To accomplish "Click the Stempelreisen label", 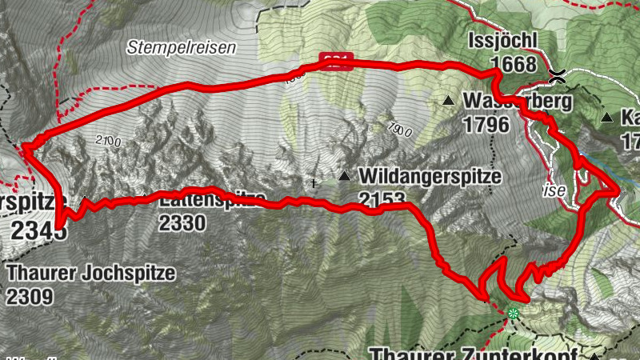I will (x=182, y=48).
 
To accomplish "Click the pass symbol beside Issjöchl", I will (x=558, y=77).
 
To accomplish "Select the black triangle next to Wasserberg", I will (x=449, y=101).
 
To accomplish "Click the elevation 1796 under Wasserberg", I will (x=486, y=125).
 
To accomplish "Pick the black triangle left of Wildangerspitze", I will (x=344, y=175).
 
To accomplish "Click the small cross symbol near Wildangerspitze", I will (x=314, y=182).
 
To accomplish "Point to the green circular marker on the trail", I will (x=513, y=314).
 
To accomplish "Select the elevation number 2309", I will (x=30, y=296).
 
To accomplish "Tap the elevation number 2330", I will (x=182, y=223).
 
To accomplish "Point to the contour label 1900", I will (x=400, y=129).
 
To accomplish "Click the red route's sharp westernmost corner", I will (x=25, y=146).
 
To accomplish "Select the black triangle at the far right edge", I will (x=606, y=118).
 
